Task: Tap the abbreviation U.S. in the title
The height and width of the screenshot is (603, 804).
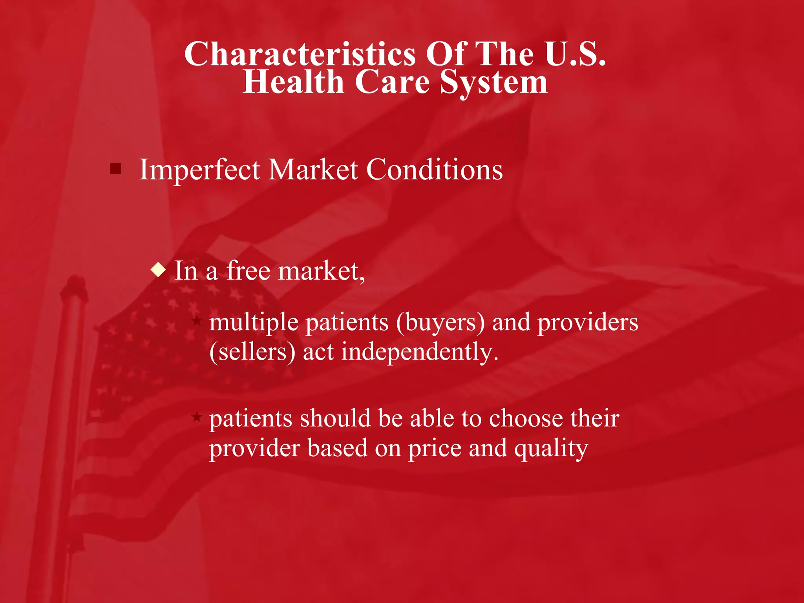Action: pyautogui.click(x=575, y=54)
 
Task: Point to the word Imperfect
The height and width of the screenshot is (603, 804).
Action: pyautogui.click(x=199, y=170)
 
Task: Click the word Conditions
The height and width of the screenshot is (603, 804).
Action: pyautogui.click(x=434, y=170)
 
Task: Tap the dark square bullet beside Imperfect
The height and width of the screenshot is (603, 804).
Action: pyautogui.click(x=116, y=169)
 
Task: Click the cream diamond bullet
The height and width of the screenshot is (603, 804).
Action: pyautogui.click(x=158, y=270)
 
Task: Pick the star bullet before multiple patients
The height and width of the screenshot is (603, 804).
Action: pyautogui.click(x=197, y=322)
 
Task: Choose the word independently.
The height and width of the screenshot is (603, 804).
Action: pyautogui.click(x=419, y=352)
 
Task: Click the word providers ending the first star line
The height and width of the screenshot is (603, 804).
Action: pyautogui.click(x=587, y=323)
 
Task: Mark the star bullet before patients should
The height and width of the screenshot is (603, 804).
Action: pyautogui.click(x=197, y=417)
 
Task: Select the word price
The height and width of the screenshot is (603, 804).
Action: pyautogui.click(x=435, y=449)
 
